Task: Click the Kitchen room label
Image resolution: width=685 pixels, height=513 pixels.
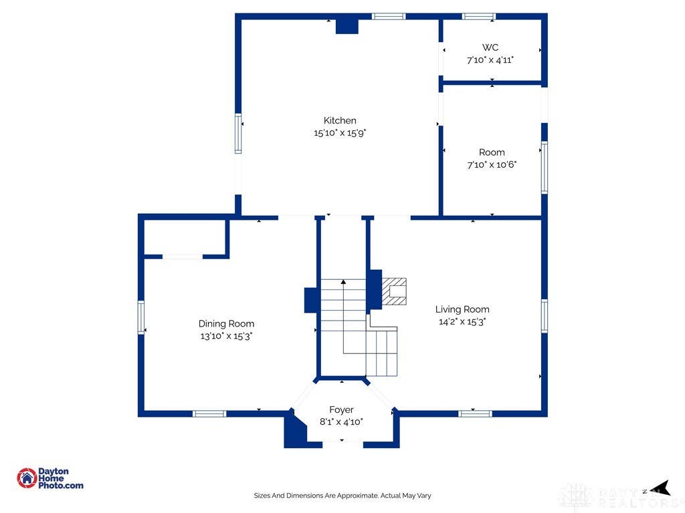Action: point(340,120)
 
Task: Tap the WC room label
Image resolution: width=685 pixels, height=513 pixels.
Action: point(490,47)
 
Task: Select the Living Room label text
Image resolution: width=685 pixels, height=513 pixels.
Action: point(462,309)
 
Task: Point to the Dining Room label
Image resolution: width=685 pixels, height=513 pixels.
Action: point(226,324)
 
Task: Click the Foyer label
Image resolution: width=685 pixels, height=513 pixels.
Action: point(341,409)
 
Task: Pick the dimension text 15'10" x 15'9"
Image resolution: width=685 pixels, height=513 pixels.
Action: point(340,133)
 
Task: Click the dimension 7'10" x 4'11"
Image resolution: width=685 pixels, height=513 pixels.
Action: point(490,59)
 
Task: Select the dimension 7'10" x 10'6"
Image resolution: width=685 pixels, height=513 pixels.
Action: point(492,164)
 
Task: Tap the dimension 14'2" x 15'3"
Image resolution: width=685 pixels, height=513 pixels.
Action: point(462,321)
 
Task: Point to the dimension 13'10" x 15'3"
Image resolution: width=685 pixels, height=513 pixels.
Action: point(226,336)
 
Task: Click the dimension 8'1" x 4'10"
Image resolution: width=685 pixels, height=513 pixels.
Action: point(341,422)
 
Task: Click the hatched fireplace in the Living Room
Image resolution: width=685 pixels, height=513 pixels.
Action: point(394,291)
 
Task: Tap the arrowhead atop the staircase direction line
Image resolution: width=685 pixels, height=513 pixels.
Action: point(343,283)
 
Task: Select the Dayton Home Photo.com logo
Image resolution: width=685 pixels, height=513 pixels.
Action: point(50,478)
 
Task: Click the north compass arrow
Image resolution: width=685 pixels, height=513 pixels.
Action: point(660,488)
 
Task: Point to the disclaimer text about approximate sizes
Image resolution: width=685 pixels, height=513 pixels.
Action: point(342,496)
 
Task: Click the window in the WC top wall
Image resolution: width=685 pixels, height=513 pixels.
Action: point(479,17)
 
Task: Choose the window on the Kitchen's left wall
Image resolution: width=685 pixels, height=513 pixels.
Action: point(238,134)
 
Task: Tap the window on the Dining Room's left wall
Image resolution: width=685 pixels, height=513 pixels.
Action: point(141,317)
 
